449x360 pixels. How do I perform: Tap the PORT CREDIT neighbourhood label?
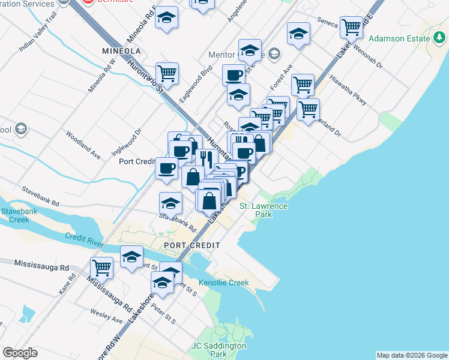point(191,246)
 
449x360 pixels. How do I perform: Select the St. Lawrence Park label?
point(264,210)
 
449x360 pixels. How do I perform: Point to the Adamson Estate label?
point(400,39)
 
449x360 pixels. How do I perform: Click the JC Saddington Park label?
point(219,350)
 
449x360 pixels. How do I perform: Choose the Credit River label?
point(85,240)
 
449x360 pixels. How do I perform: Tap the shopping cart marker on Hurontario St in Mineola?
point(167,73)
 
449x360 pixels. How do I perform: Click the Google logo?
point(20,353)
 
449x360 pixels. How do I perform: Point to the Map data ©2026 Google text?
point(412,355)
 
